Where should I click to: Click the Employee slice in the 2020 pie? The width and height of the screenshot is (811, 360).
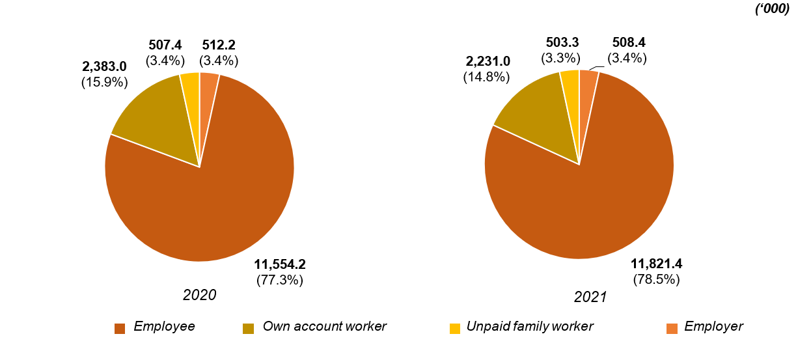[215, 208]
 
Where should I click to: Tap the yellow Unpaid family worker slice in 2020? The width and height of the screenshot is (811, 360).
[191, 98]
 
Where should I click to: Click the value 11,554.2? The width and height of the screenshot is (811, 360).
[280, 264]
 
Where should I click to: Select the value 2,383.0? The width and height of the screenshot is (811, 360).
[104, 67]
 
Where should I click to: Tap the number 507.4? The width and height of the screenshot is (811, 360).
[165, 46]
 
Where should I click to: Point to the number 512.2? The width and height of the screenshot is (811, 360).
[219, 46]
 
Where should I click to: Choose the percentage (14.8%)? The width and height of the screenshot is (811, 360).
[486, 77]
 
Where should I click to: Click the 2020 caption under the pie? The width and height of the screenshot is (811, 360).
[199, 295]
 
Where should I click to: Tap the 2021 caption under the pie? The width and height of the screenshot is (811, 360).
[590, 297]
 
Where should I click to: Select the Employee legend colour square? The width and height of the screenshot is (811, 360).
[120, 328]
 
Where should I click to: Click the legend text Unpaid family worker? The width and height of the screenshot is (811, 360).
[530, 327]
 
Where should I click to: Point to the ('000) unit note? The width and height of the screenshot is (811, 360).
[772, 9]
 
